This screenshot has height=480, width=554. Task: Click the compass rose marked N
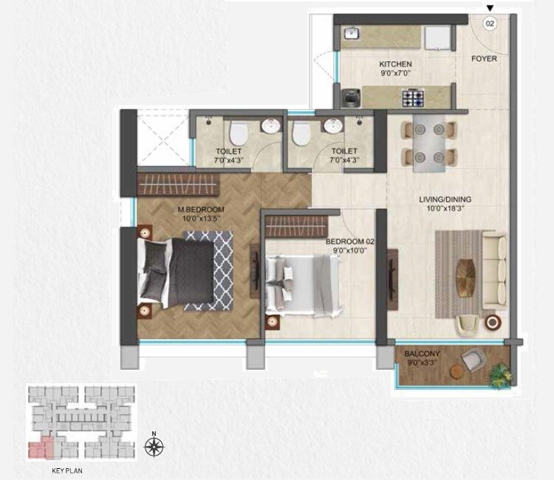154,445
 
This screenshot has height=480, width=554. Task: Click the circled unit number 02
490,24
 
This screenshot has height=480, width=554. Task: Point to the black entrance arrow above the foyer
490,8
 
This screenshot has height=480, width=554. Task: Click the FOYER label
485,59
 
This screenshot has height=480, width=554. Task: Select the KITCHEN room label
395,64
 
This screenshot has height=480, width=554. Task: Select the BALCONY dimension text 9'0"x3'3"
422,363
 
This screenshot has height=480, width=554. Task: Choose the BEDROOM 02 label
346,241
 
